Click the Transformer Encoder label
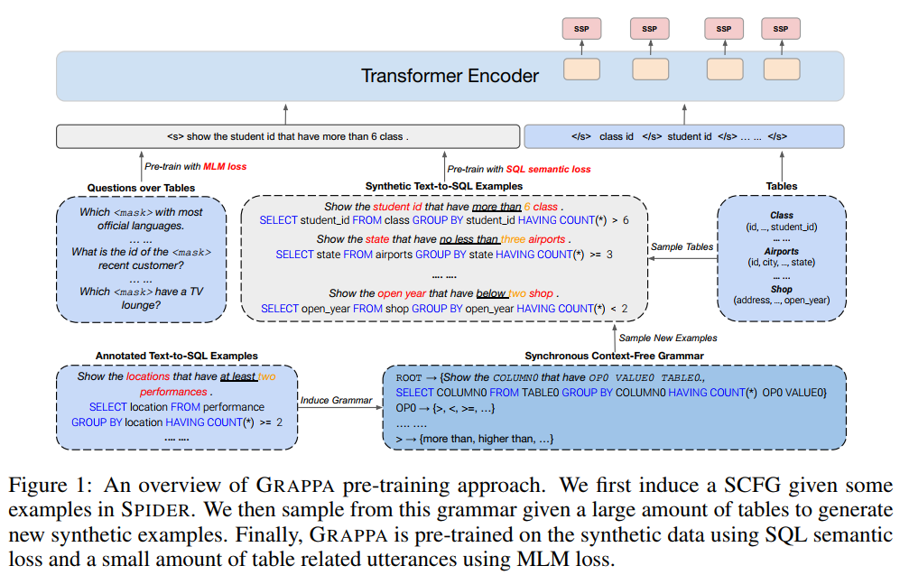pyautogui.click(x=450, y=76)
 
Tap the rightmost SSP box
pyautogui.click(x=781, y=29)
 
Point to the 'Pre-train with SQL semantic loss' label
pyautogui.click(x=519, y=169)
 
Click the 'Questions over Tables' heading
pyautogui.click(x=141, y=188)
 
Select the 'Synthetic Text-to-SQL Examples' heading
pyautogui.click(x=443, y=186)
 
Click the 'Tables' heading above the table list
pyautogui.click(x=781, y=186)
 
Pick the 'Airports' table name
pyautogui.click(x=781, y=252)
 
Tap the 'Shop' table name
pyautogui.click(x=781, y=289)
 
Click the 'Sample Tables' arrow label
pyautogui.click(x=680, y=246)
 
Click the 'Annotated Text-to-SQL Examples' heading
pyautogui.click(x=176, y=356)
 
